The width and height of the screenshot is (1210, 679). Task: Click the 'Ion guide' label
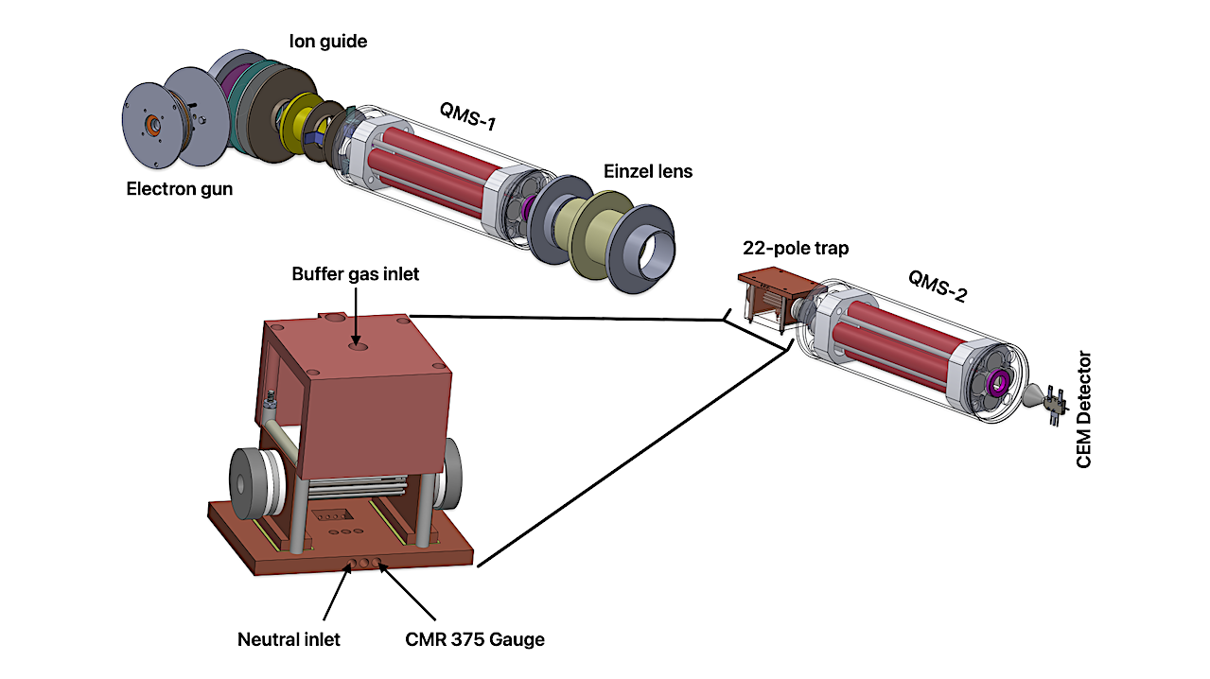328,42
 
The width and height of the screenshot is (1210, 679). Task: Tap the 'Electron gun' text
180,189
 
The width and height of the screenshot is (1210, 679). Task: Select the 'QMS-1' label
467,116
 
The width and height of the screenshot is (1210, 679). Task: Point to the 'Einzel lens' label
648,171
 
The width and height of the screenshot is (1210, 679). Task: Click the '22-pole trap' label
796,248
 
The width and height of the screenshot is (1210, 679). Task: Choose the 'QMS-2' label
938,286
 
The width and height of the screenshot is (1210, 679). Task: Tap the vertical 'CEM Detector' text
1083,409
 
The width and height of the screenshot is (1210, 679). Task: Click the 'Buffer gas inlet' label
356,274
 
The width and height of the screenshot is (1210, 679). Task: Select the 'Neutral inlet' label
289,639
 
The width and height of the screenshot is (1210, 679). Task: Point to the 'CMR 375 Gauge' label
475,639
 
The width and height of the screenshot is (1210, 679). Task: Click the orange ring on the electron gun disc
153,126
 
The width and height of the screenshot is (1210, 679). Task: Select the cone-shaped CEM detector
1033,399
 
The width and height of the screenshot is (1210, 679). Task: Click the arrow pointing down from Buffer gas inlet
356,316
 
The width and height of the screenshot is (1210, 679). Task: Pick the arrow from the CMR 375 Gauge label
407,591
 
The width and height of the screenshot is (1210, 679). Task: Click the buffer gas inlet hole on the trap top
357,346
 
